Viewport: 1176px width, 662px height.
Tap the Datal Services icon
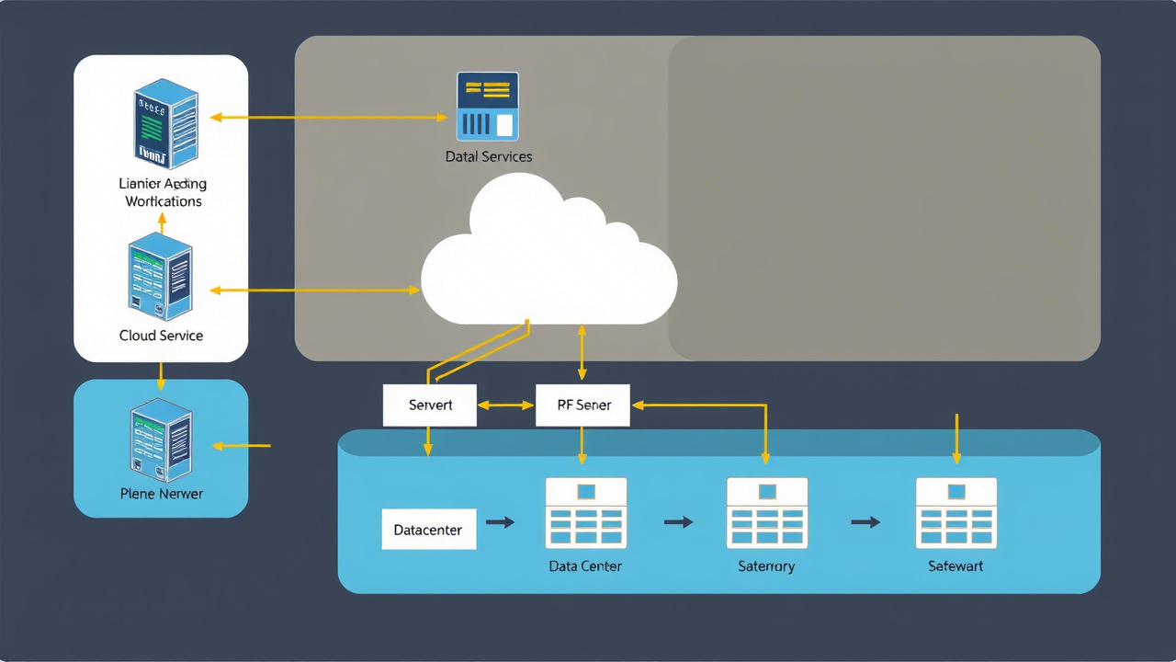(488, 106)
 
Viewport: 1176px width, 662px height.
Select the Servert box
(430, 405)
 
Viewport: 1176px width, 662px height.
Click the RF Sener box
(582, 405)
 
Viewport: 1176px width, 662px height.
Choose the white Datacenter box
(429, 530)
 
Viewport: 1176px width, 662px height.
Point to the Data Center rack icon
(585, 513)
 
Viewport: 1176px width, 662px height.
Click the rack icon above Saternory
(766, 513)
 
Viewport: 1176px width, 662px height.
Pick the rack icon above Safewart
(955, 513)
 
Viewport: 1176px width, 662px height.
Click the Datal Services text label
(489, 156)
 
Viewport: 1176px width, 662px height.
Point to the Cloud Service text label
(161, 336)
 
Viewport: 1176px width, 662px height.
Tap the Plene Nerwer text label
(161, 494)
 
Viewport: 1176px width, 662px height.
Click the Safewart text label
(955, 566)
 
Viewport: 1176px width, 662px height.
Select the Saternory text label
(766, 566)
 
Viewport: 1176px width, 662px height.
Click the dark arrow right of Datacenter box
(500, 522)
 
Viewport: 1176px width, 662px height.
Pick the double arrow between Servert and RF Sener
(506, 405)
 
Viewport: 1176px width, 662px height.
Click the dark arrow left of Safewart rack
(865, 522)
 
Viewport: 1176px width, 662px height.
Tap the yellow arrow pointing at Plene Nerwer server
(242, 446)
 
